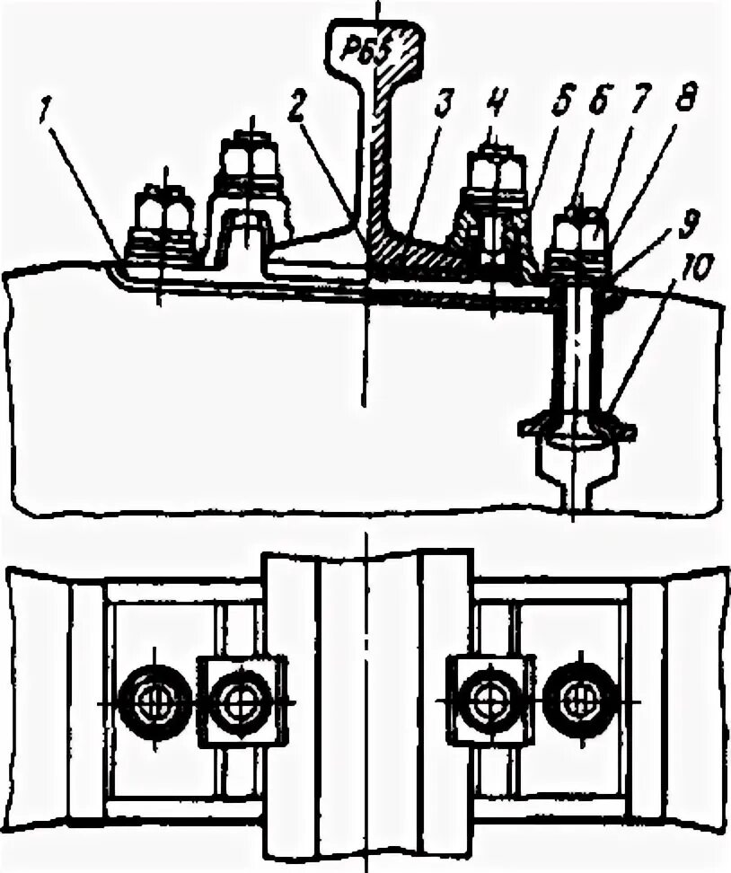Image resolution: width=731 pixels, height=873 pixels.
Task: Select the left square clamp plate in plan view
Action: pyautogui.click(x=241, y=701)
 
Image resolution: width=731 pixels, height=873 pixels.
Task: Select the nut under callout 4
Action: pyautogui.click(x=492, y=170)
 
